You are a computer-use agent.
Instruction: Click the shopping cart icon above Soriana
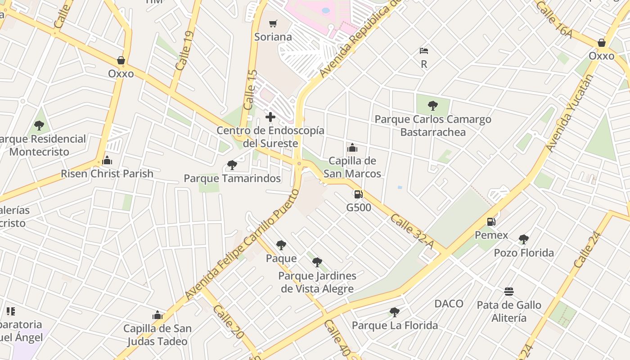[x=273, y=23]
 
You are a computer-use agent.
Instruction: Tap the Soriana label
[x=273, y=37]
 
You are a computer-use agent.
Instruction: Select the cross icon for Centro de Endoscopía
[x=270, y=117]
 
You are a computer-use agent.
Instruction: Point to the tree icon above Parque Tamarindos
[x=232, y=165]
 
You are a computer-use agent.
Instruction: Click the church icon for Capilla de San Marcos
[x=352, y=148]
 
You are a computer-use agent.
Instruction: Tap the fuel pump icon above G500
[x=359, y=194]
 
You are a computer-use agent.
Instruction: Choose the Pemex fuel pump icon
[x=491, y=222]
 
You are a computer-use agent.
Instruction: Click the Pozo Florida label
[x=524, y=253]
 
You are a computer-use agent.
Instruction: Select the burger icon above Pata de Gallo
[x=509, y=292]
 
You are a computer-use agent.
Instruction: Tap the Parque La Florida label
[x=395, y=325]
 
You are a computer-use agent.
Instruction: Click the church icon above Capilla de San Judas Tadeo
[x=157, y=315]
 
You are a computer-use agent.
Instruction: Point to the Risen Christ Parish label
[x=107, y=174]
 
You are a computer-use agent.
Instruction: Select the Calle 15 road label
[x=250, y=90]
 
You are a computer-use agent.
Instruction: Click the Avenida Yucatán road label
[x=570, y=112]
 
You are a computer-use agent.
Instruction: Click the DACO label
[x=449, y=304]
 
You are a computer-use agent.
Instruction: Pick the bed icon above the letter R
[x=424, y=50]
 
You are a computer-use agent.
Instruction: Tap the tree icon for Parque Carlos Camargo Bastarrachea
[x=433, y=106]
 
